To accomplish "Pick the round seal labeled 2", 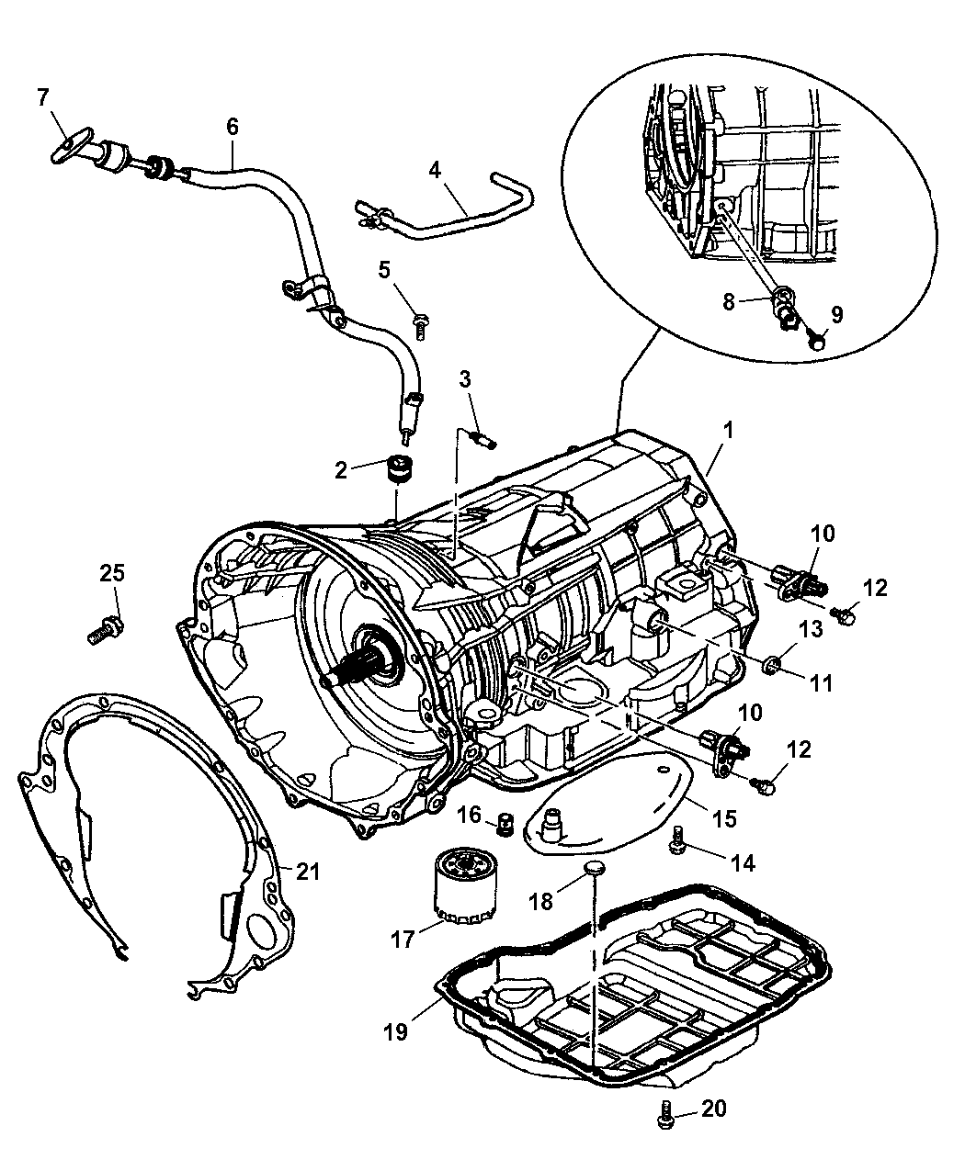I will [399, 468].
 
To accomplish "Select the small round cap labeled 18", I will [595, 870].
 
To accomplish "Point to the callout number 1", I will [728, 429].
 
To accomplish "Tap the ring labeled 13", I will [774, 662].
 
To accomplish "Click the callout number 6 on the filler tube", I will [232, 126].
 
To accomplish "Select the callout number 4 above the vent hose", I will [435, 169].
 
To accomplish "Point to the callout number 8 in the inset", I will [729, 301].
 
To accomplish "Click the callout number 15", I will [723, 817].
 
